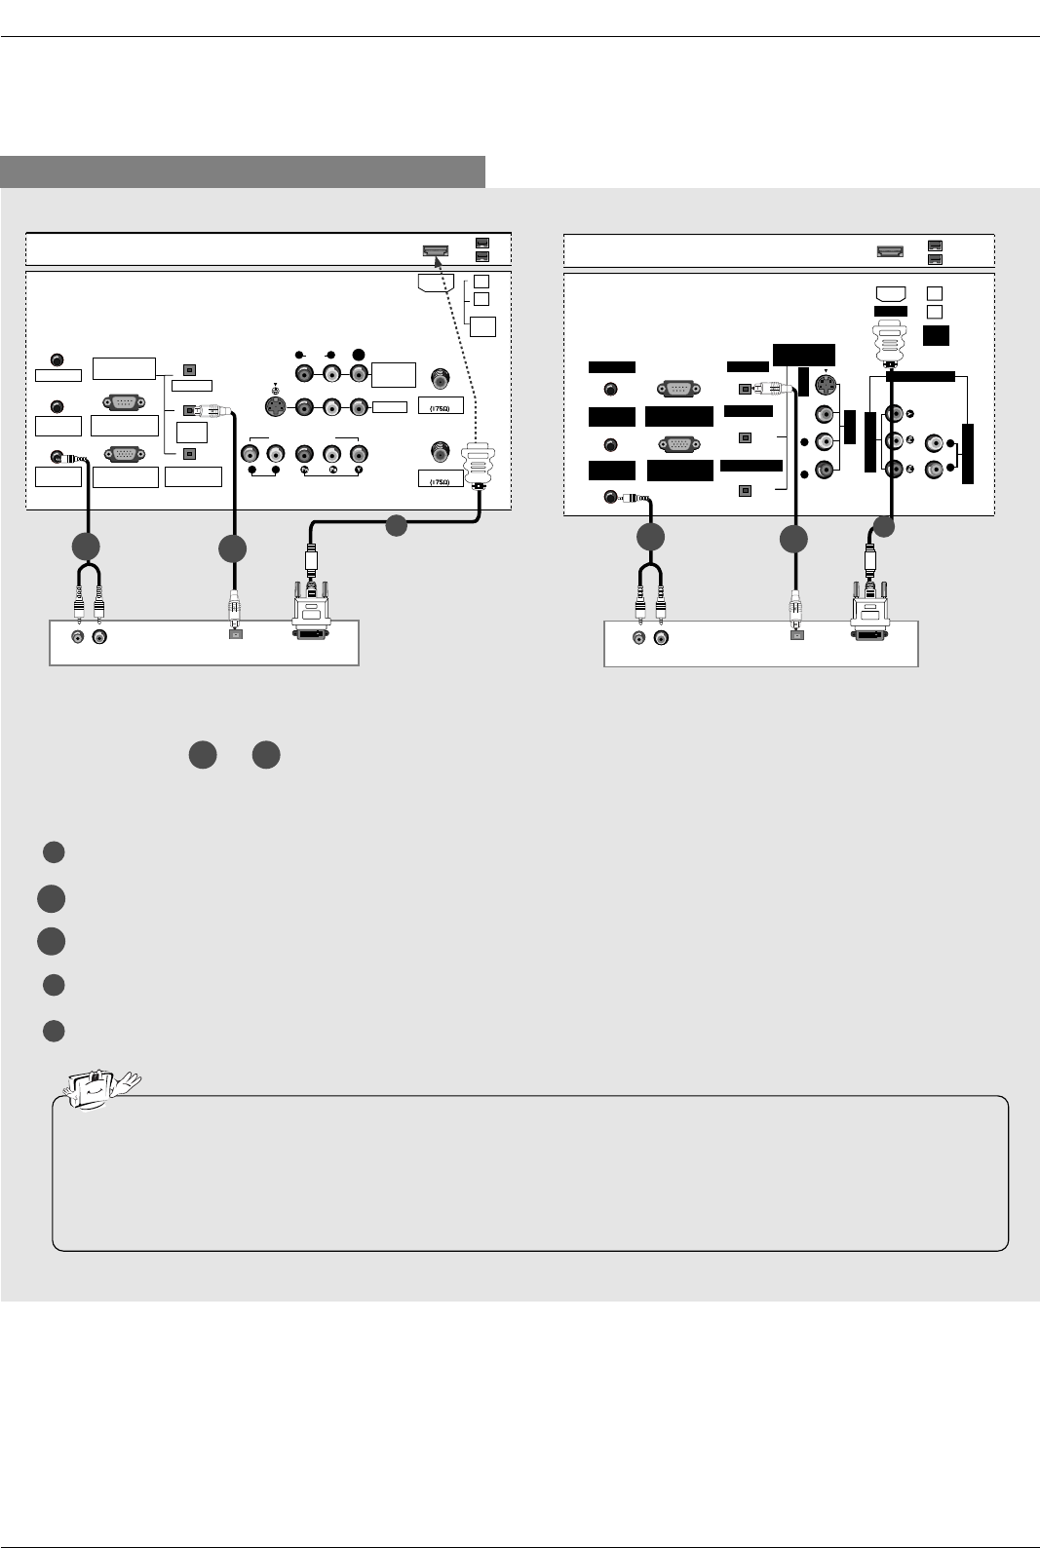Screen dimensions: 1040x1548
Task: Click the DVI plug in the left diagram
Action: (x=311, y=615)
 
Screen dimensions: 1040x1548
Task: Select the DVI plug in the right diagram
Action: (x=869, y=615)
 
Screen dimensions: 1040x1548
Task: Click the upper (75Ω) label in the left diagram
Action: (x=441, y=405)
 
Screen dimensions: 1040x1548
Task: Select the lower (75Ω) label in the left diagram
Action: (x=441, y=479)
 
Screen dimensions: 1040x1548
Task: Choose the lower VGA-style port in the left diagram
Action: (x=124, y=455)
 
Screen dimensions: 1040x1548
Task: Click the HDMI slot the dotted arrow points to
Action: (x=435, y=250)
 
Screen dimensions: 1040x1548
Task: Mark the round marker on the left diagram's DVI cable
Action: (x=395, y=526)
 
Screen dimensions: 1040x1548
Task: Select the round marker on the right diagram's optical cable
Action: (x=793, y=539)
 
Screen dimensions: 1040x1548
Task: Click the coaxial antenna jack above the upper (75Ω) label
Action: (x=442, y=376)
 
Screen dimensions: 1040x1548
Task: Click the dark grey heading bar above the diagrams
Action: (x=243, y=171)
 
